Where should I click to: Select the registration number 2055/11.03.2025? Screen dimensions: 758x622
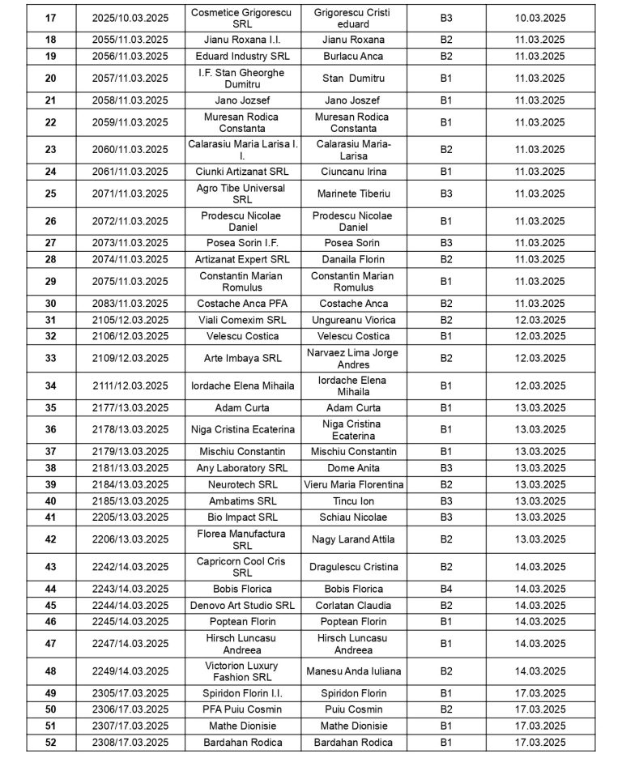(130, 40)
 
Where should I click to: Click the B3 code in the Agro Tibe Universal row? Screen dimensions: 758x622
(446, 194)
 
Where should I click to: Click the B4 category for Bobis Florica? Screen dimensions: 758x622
(446, 589)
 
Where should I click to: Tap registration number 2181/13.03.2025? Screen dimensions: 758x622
(130, 468)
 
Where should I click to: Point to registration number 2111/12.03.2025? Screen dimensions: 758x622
(130, 385)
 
